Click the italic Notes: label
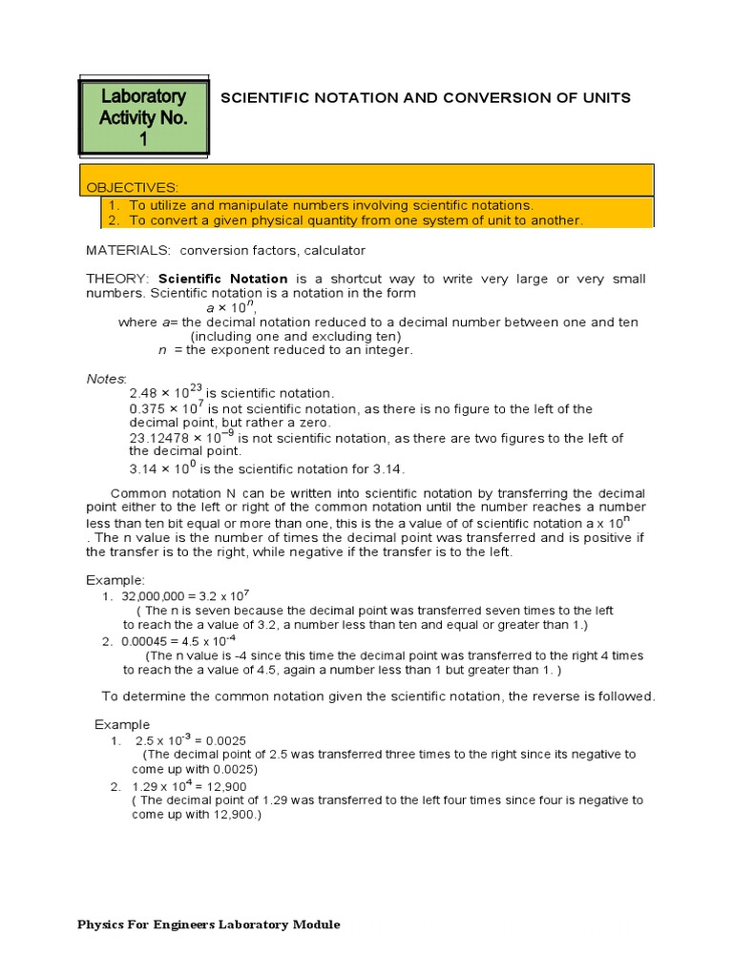pos(106,379)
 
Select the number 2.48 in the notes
pos(144,393)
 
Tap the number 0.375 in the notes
pos(148,409)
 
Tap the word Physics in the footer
pos(100,925)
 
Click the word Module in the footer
pos(318,925)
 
